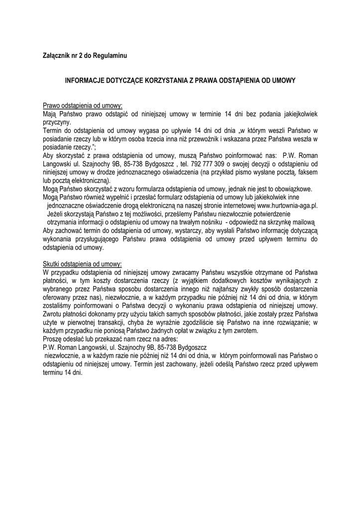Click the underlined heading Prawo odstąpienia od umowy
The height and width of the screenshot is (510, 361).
pos(83,106)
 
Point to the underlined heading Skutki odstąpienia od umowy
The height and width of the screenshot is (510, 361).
pos(82,263)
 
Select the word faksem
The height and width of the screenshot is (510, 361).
pos(308,172)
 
